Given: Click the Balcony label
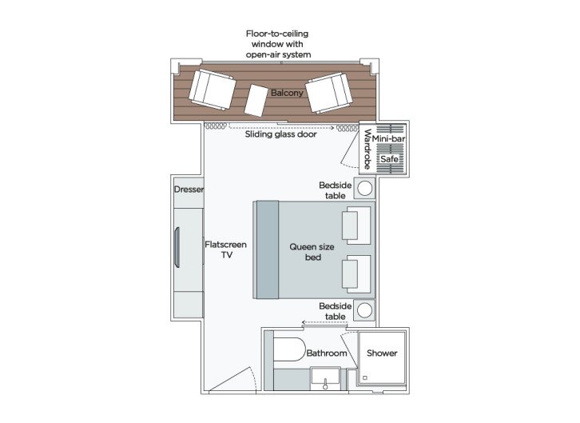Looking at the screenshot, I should coord(286,94).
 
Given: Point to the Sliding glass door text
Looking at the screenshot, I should coord(280,134).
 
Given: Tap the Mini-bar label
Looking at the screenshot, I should coord(392,139).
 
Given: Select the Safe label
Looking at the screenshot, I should coord(389,159).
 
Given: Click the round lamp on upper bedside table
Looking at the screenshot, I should coord(365,189).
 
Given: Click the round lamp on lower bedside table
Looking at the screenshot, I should coord(365,309).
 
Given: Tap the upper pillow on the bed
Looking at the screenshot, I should coord(356,225).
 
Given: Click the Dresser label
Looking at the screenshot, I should coord(189,190).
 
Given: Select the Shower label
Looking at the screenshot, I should coord(381,353).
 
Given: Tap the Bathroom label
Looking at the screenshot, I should coord(327,353).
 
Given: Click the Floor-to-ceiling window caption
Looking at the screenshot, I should coord(277,45).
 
